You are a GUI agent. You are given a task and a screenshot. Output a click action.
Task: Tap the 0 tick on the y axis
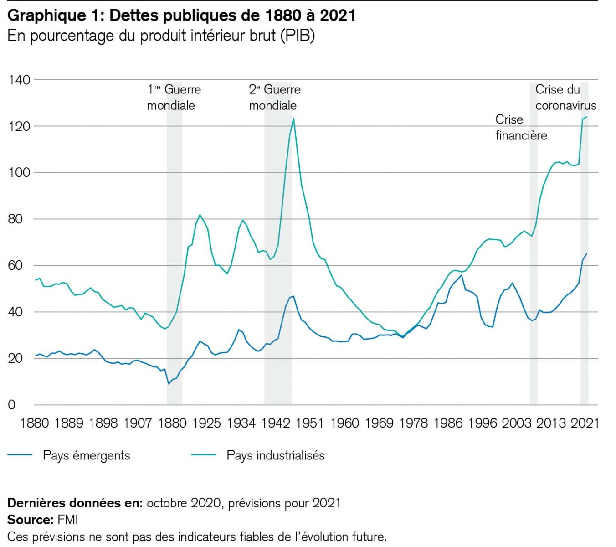[x=12, y=405]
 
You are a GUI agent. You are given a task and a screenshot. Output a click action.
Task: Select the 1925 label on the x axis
[x=206, y=423]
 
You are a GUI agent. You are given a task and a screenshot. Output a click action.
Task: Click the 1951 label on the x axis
[x=310, y=423]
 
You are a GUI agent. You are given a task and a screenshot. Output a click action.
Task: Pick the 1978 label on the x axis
[x=413, y=423]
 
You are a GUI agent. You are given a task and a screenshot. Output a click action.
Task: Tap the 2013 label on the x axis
[x=551, y=423]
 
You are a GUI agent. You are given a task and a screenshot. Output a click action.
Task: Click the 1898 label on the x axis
[x=103, y=423]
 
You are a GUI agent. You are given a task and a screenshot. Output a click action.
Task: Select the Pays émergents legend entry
[x=86, y=455]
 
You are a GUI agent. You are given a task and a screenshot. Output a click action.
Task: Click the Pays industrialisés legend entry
[x=275, y=455]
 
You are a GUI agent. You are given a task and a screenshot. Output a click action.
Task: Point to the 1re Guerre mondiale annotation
[x=174, y=98]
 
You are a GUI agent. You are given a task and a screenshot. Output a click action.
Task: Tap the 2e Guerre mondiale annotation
[x=274, y=98]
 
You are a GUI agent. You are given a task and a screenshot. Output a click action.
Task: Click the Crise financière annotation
[x=521, y=128]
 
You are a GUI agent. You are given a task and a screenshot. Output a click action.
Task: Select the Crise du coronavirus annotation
[x=565, y=98]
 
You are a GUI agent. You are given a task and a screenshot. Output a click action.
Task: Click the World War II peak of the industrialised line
[x=293, y=119]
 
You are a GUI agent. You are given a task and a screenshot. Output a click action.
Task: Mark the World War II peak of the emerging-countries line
[x=293, y=296]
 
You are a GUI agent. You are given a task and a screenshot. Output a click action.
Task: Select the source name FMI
[x=68, y=520]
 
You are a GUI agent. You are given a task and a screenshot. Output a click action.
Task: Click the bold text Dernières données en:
[x=75, y=503]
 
